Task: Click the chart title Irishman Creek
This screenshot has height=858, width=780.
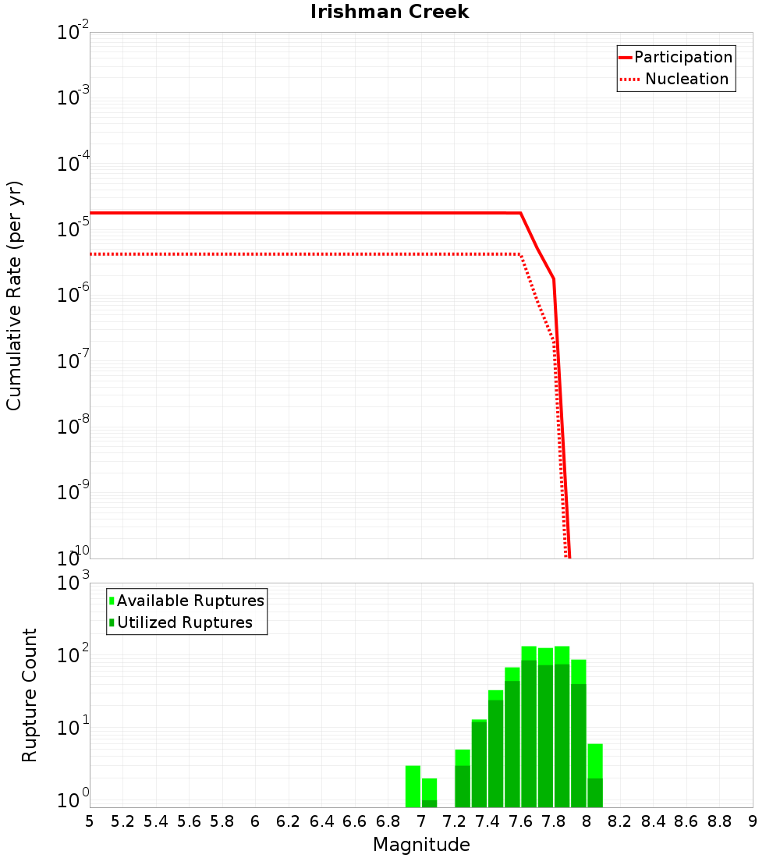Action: (x=389, y=12)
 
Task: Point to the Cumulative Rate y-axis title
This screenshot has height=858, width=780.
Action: (x=14, y=295)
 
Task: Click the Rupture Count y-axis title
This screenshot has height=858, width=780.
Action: (x=29, y=694)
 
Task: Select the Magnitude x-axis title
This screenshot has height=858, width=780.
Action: (x=421, y=845)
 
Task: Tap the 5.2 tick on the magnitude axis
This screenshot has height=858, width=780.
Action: (x=122, y=821)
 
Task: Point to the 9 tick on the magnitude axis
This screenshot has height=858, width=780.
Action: (x=753, y=821)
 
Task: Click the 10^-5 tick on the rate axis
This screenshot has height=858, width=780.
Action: (x=73, y=229)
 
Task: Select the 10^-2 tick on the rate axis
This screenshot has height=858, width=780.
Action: (x=73, y=33)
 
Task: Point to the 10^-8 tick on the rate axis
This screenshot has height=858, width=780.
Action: (x=73, y=426)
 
